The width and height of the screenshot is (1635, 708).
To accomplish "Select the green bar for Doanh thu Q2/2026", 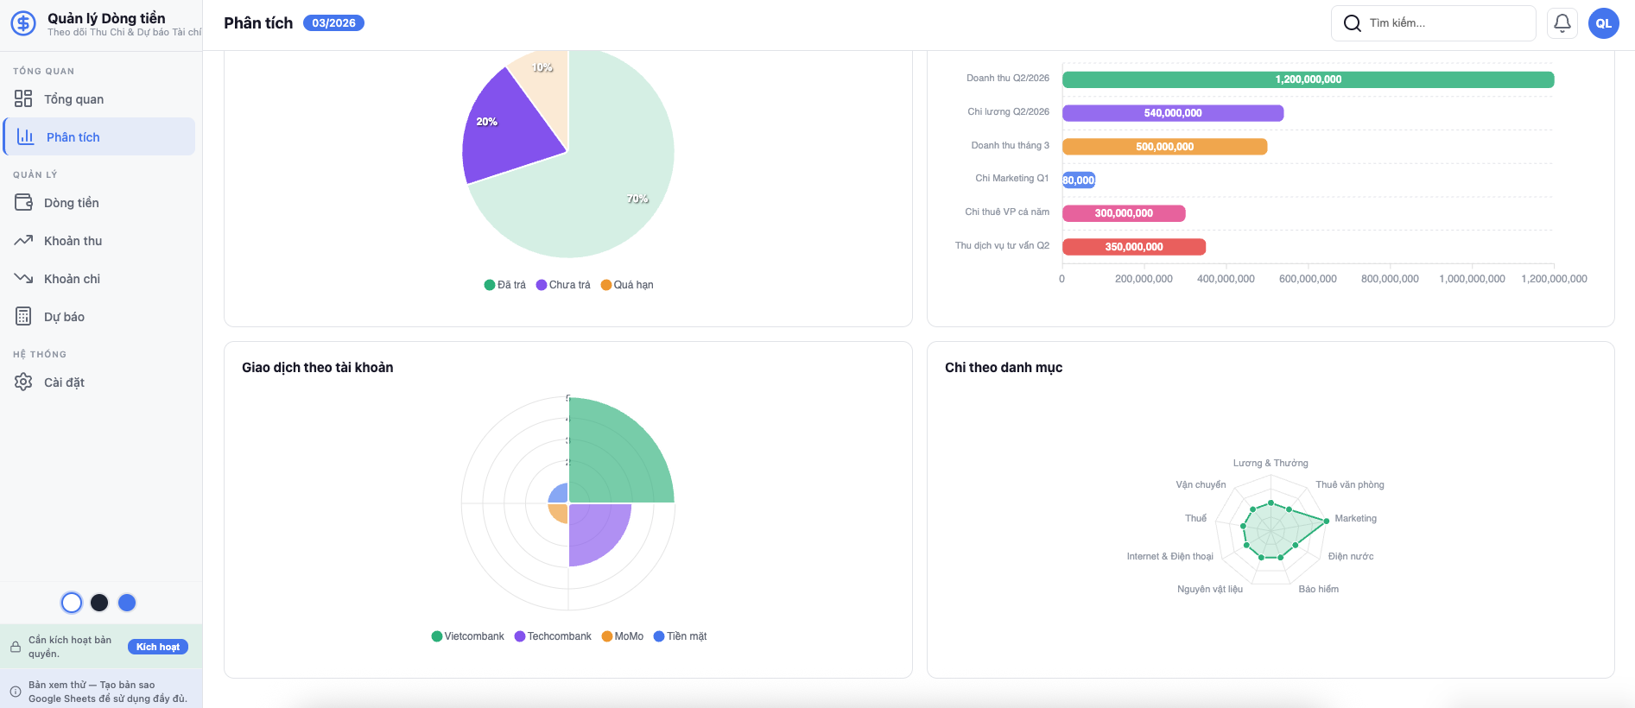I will pyautogui.click(x=1308, y=79).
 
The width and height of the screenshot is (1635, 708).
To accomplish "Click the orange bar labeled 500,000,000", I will pyautogui.click(x=1164, y=147).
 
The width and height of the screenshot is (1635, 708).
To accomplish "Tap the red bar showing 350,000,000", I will pyautogui.click(x=1133, y=247).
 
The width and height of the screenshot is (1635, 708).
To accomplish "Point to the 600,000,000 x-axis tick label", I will pyautogui.click(x=1308, y=279).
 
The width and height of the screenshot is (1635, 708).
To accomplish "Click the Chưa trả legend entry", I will pyautogui.click(x=563, y=285).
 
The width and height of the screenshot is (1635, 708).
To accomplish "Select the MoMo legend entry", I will pyautogui.click(x=623, y=636).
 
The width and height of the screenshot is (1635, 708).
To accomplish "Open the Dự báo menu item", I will pyautogui.click(x=64, y=317).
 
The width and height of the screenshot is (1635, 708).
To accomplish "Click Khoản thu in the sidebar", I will pyautogui.click(x=73, y=241).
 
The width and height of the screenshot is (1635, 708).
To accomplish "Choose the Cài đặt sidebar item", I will pyautogui.click(x=64, y=382).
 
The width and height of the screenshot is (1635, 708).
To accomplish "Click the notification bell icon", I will pyautogui.click(x=1562, y=23).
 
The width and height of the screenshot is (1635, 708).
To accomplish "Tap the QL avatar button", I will pyautogui.click(x=1604, y=23).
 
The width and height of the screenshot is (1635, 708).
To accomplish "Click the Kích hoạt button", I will pyautogui.click(x=158, y=647).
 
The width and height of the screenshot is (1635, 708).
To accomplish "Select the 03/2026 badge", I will pyautogui.click(x=333, y=23).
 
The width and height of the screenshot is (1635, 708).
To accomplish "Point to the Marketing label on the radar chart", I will pyautogui.click(x=1355, y=519).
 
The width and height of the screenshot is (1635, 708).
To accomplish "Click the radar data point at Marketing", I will pyautogui.click(x=1327, y=521).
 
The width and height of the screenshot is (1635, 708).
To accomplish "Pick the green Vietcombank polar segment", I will pyautogui.click(x=618, y=454).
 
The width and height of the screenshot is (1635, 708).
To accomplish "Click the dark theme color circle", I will pyautogui.click(x=99, y=603).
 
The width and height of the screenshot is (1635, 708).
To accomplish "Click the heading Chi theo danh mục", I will pyautogui.click(x=1004, y=368).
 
